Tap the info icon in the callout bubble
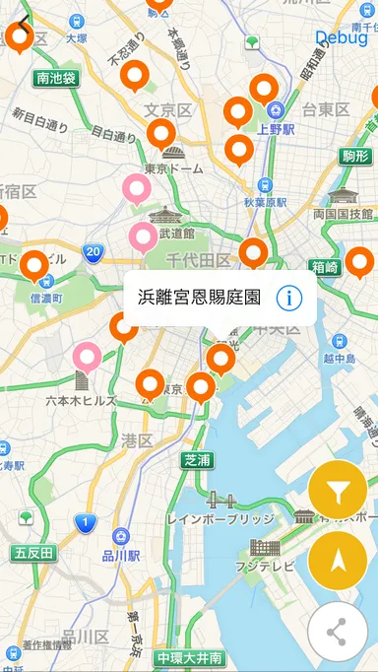click(x=288, y=298)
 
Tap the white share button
click(x=337, y=632)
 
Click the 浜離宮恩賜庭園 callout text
click(x=199, y=298)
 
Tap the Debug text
click(x=342, y=37)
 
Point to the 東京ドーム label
click(x=173, y=168)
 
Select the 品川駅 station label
click(x=120, y=555)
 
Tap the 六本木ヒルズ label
click(x=81, y=400)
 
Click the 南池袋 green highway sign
click(x=55, y=78)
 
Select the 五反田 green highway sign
click(x=34, y=553)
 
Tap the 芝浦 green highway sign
click(x=197, y=459)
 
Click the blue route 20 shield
click(x=93, y=253)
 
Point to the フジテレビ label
click(x=265, y=567)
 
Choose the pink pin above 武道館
click(x=143, y=235)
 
